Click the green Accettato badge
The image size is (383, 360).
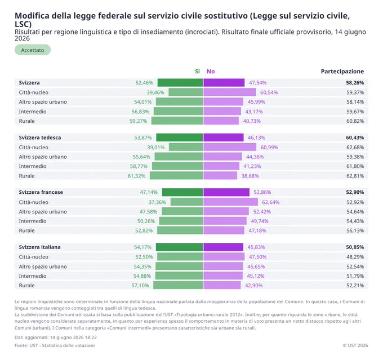(x=33, y=50)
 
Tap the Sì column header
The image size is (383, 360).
(x=197, y=72)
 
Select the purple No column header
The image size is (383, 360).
(x=211, y=72)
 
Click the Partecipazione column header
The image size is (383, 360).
(x=342, y=72)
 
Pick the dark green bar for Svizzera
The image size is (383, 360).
(x=180, y=83)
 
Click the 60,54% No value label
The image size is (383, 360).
(x=269, y=92)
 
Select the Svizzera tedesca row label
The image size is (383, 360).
(x=40, y=137)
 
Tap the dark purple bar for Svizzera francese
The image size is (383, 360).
(x=226, y=192)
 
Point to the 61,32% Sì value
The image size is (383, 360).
(x=136, y=176)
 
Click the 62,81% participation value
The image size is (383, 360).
(x=355, y=176)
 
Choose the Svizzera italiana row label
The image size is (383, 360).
(x=40, y=247)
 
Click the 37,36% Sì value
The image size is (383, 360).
(x=157, y=202)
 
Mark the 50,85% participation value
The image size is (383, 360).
(x=355, y=247)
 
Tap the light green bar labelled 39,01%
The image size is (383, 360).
(x=186, y=147)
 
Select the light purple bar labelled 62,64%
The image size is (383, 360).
(x=230, y=202)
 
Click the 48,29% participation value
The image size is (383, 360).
(x=355, y=257)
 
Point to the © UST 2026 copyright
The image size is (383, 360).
(x=355, y=345)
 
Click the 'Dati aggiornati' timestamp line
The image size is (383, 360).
(x=56, y=337)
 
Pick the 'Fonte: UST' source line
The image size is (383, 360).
(x=55, y=345)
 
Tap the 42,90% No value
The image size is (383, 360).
(x=253, y=286)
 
